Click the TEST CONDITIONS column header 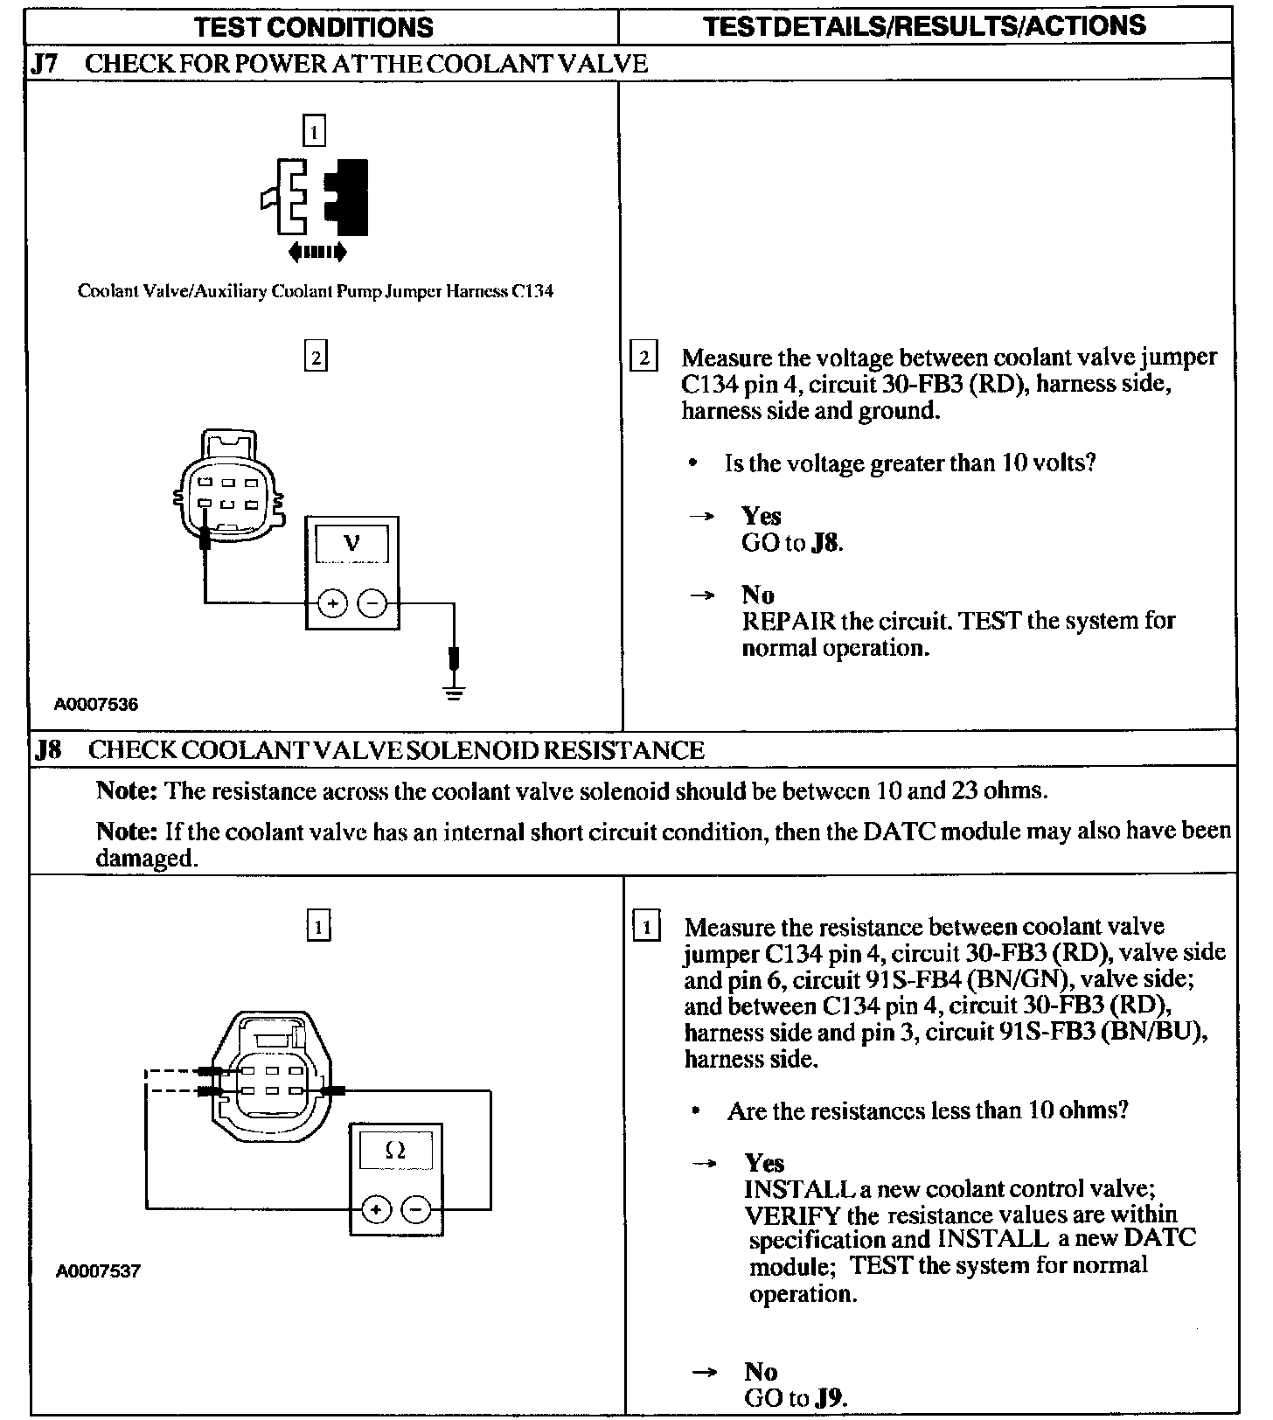[315, 26]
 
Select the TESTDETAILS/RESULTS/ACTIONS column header [924, 25]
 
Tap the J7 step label [45, 64]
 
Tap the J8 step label [47, 750]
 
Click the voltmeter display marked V [351, 544]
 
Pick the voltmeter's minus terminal [373, 602]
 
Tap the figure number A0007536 [96, 704]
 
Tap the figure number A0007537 [98, 1271]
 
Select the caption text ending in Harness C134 [316, 291]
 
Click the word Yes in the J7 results [761, 516]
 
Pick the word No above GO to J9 [761, 1371]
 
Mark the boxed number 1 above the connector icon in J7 [314, 132]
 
